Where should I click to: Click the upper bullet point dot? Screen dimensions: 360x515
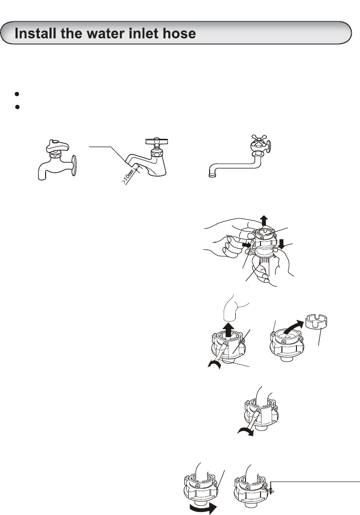pos(17,94)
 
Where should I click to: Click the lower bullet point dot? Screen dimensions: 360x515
pos(17,107)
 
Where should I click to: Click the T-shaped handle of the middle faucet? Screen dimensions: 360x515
pos(157,142)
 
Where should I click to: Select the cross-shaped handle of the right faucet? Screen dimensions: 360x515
pos(259,140)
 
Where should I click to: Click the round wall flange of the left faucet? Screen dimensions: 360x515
pos(74,166)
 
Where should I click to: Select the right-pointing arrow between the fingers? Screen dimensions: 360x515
pos(246,245)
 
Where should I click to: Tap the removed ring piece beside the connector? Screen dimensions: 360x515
pos(317,321)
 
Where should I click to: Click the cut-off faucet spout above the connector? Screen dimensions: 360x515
pos(234,307)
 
